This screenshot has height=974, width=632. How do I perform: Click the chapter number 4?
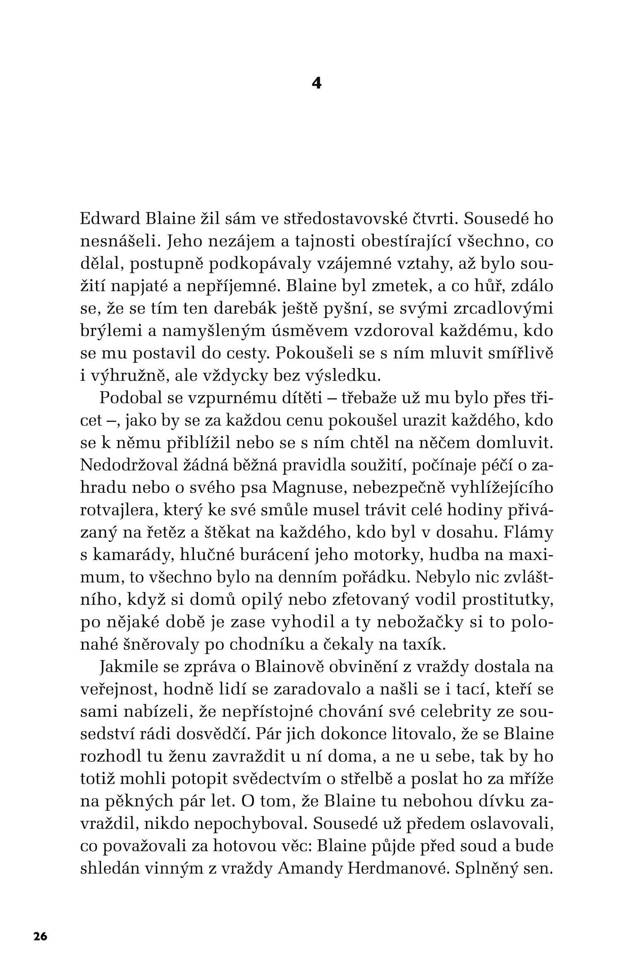click(x=316, y=84)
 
